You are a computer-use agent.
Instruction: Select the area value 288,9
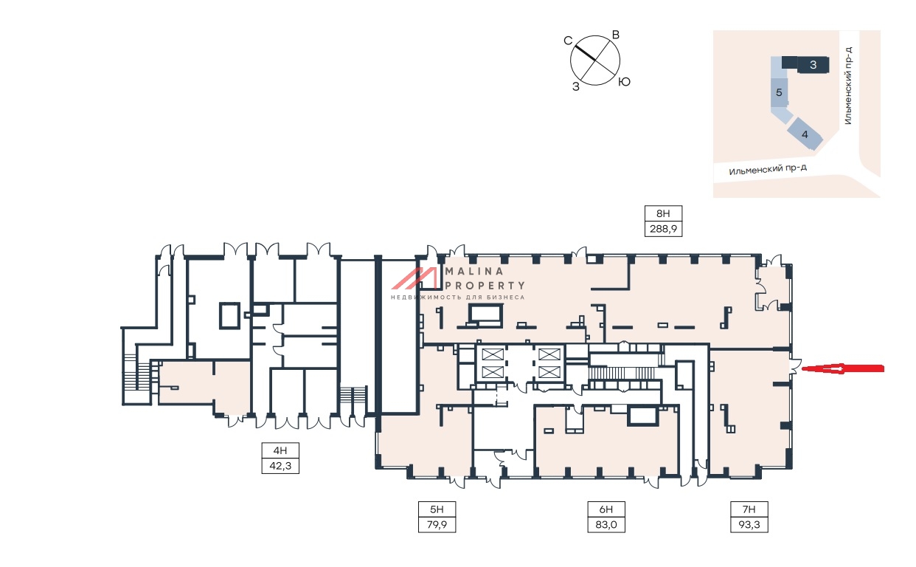pyautogui.click(x=662, y=229)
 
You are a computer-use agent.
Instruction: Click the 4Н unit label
pyautogui.click(x=280, y=451)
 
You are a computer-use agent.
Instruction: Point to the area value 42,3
pyautogui.click(x=280, y=465)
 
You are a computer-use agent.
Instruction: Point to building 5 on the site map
pyautogui.click(x=780, y=93)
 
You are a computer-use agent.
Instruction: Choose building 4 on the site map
pyautogui.click(x=805, y=135)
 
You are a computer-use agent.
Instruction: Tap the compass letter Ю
pyautogui.click(x=624, y=82)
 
